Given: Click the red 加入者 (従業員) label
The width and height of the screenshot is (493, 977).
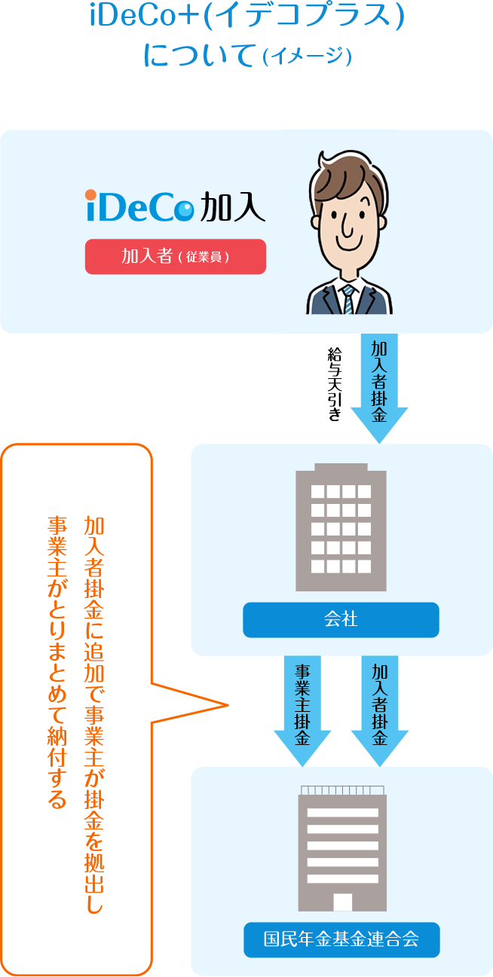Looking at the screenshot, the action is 175,256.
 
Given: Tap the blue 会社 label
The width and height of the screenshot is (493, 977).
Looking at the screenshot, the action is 341,619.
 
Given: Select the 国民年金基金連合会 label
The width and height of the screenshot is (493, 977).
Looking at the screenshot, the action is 341,939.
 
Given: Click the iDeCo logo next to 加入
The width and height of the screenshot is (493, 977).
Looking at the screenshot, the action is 139,206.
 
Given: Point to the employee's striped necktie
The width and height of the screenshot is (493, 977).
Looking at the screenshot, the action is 348,299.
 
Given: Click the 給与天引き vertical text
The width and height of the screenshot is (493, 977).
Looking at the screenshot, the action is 335,384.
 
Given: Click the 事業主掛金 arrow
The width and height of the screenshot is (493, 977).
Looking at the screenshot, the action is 302,711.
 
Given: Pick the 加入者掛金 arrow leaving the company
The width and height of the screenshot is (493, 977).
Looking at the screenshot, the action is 379,711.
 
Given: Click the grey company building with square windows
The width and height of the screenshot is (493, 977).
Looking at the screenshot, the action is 341,527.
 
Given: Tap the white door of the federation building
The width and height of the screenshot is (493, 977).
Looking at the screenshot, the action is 342,902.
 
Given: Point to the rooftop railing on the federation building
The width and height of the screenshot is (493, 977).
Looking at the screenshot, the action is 342,790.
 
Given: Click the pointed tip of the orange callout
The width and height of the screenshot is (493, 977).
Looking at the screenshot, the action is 228,704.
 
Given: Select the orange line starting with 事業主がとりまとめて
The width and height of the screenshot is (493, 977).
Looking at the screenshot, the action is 57,662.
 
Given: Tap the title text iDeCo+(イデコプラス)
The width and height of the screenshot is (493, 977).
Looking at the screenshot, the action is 247,16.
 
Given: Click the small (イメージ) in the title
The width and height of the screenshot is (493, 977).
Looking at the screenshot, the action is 308,56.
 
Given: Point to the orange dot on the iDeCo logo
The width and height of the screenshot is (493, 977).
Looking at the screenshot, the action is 90,194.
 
